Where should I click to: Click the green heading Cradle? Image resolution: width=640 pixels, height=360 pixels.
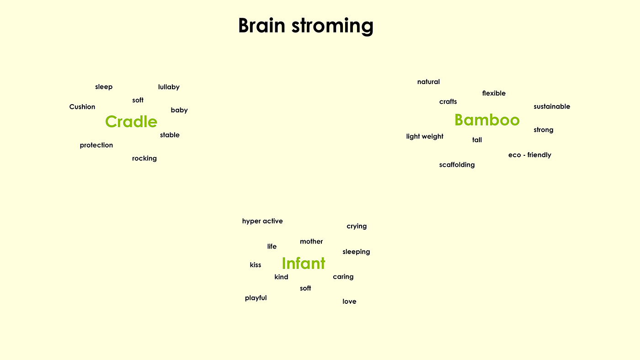tap(131, 122)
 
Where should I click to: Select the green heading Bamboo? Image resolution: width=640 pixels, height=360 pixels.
tap(487, 120)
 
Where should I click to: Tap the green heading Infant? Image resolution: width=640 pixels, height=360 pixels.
tap(304, 263)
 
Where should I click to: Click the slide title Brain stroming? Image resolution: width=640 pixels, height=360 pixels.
tap(306, 26)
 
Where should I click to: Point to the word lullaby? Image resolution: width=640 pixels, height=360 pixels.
tap(169, 87)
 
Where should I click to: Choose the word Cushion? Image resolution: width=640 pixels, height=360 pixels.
tap(82, 107)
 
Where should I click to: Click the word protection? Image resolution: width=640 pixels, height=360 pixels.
tap(96, 145)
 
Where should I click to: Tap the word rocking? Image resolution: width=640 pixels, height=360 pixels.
tap(144, 159)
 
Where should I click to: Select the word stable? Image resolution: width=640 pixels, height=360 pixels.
tap(170, 135)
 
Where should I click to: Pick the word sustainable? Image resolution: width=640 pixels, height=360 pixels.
tap(552, 106)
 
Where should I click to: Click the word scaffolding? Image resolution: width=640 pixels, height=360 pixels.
tap(457, 165)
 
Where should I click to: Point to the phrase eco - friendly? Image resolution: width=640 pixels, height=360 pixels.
tap(530, 155)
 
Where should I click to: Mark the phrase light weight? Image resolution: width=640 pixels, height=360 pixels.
tap(425, 137)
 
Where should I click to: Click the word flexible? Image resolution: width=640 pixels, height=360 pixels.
tap(494, 93)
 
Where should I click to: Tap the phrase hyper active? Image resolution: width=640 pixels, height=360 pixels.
tap(262, 221)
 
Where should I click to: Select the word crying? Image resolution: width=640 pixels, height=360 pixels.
tap(357, 227)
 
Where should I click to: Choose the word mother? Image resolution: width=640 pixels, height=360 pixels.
tap(311, 242)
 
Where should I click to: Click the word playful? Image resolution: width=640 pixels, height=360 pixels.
tap(256, 298)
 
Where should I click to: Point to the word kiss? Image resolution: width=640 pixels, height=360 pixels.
tap(255, 265)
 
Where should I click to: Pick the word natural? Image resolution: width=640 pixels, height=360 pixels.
tap(428, 82)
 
